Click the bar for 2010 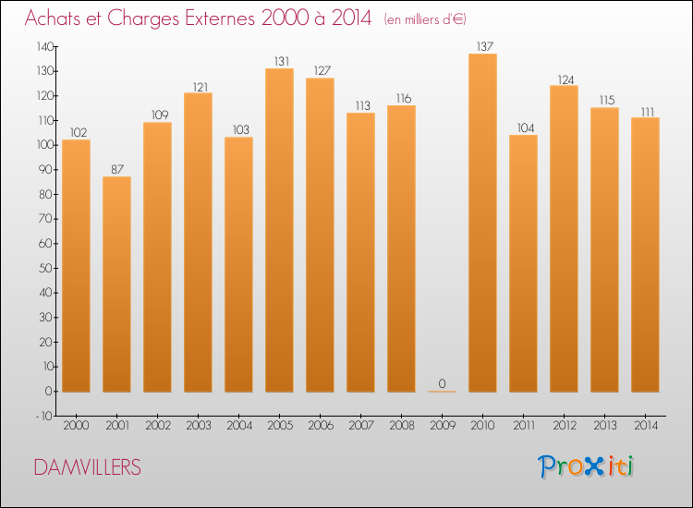[x=482, y=223]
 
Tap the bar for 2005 [x=279, y=230]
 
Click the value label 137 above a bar [x=482, y=45]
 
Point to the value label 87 [x=116, y=168]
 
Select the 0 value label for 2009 [x=442, y=383]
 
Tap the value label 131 [x=279, y=61]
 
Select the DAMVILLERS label [x=88, y=467]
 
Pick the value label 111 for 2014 [x=645, y=110]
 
